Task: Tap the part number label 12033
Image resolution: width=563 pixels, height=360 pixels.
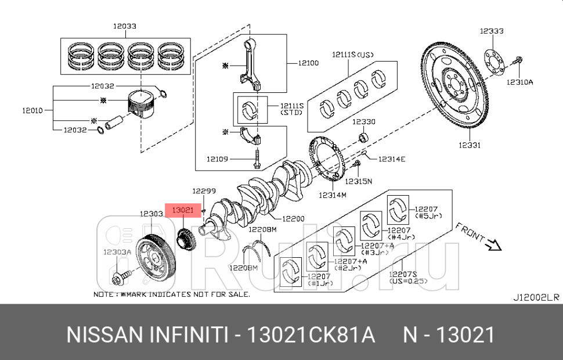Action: click(x=125, y=26)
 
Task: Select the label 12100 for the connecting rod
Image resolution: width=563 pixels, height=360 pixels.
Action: click(x=308, y=63)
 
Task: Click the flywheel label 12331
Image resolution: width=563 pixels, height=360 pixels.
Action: click(x=468, y=146)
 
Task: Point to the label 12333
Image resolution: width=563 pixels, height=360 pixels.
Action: click(x=492, y=31)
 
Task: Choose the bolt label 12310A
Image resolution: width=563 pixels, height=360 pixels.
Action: click(x=519, y=82)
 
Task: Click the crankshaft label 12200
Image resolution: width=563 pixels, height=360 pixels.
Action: click(x=293, y=219)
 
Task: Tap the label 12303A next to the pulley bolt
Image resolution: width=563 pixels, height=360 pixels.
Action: click(x=117, y=251)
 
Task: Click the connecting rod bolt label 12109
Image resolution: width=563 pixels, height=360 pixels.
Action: click(x=219, y=158)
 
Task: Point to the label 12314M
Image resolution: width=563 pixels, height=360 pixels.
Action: click(x=332, y=195)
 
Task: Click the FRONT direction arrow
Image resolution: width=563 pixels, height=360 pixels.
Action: click(x=493, y=246)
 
